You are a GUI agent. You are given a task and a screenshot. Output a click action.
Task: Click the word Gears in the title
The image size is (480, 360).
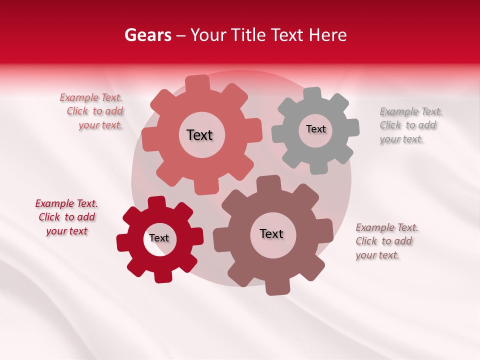coord(147,35)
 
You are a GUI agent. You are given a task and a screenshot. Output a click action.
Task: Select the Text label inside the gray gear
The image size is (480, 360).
coord(315,129)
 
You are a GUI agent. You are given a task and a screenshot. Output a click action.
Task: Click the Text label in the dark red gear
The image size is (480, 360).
coord(159,238)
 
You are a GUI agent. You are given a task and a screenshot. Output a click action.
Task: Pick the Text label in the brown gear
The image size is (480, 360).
coord(271,233)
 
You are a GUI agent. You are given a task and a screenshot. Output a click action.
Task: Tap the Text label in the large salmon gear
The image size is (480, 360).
coord(199,135)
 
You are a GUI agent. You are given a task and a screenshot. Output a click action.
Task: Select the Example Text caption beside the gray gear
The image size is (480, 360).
coord(410,125)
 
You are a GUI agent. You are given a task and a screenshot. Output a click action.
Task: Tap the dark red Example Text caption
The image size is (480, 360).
coord(66,217)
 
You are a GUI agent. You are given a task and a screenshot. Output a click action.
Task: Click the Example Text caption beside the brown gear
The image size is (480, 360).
coord(386,241)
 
